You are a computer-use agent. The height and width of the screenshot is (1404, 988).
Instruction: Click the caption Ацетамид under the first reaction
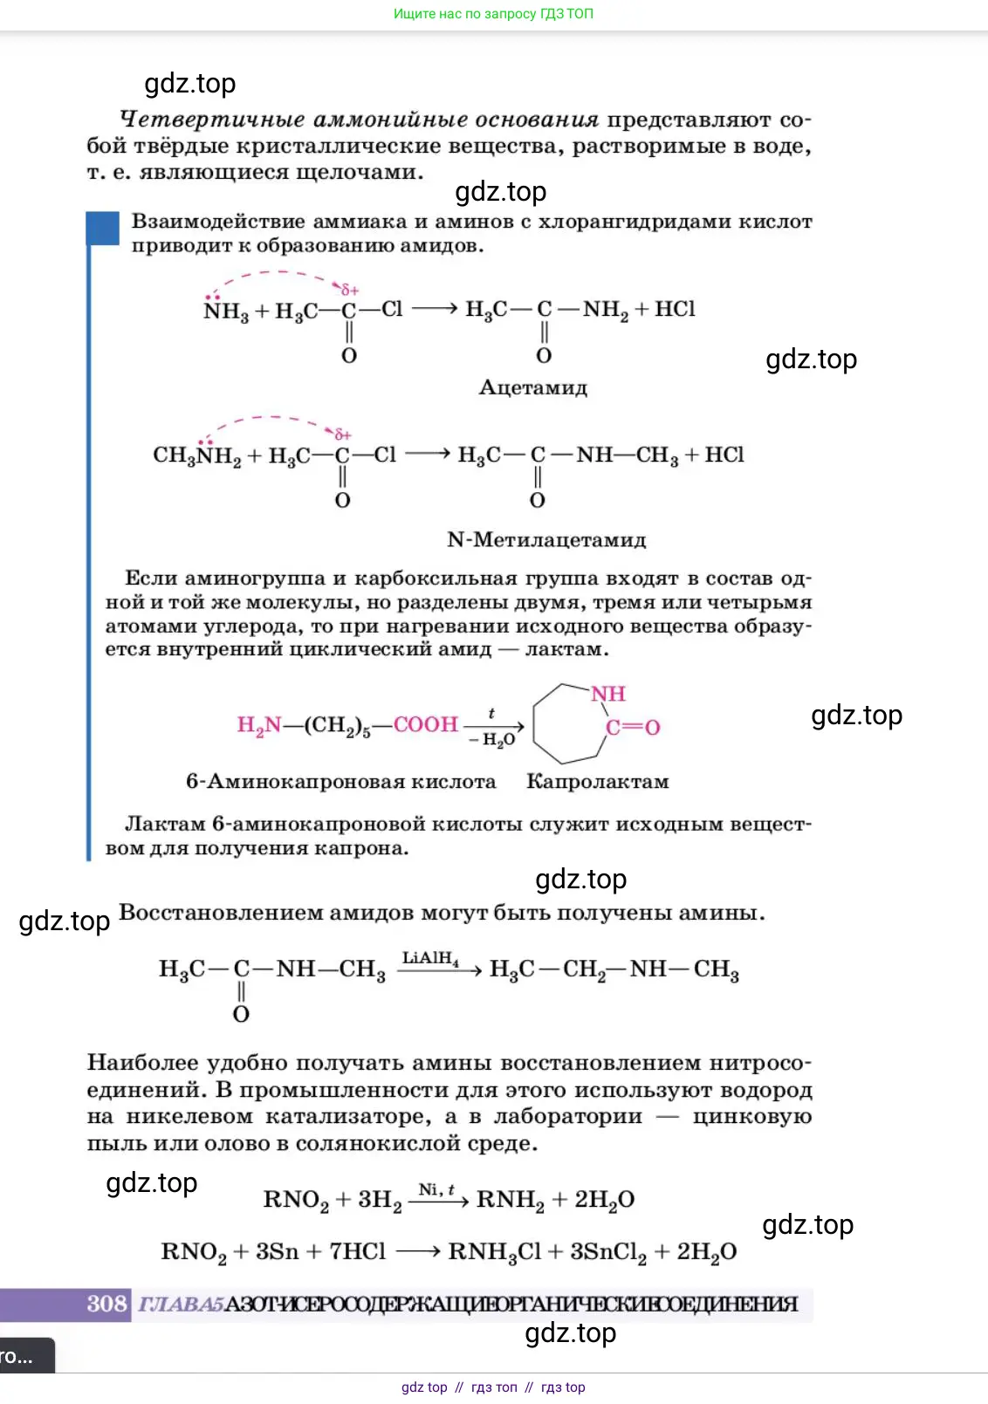coord(532,387)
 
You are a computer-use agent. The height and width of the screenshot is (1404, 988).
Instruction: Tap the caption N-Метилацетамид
coord(546,540)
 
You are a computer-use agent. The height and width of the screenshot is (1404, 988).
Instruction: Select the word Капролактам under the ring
coord(597,782)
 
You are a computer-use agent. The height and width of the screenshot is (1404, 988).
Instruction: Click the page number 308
coord(106,1304)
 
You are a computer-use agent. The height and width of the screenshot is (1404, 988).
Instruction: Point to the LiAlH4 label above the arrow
coord(430,958)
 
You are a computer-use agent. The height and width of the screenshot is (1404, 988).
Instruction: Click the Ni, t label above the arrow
coord(436,1189)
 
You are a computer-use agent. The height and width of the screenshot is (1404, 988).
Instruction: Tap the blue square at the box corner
coord(102,229)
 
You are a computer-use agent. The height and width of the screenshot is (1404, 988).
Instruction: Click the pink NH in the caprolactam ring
coord(607,694)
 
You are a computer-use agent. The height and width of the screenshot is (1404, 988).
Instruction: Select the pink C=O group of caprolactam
coord(633,727)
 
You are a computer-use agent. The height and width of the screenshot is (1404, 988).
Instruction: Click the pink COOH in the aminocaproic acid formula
coord(425,724)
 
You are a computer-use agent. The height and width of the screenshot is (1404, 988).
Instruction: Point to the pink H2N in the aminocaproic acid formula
coord(259,725)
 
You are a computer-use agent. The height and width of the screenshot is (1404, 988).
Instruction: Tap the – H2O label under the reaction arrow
coord(492,740)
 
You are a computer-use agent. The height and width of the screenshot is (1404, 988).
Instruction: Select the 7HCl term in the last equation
coord(357,1252)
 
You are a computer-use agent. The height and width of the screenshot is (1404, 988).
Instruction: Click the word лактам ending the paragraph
coord(566,649)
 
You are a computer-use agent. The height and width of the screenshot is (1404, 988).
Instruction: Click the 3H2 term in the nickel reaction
coord(380,1200)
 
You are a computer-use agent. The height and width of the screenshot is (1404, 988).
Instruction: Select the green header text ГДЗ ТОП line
coord(493,14)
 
